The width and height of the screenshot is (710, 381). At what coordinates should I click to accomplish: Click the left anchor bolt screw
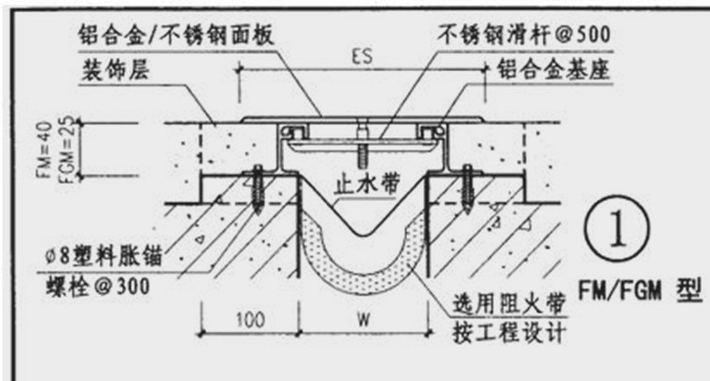256,190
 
